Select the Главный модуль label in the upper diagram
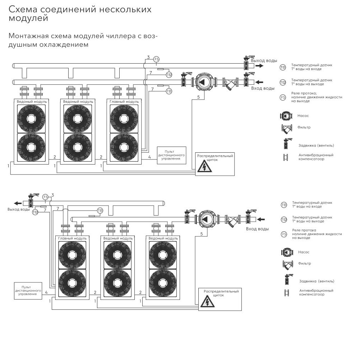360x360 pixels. (124, 102)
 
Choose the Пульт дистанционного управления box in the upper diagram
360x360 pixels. (172, 155)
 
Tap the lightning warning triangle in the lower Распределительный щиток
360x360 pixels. (207, 302)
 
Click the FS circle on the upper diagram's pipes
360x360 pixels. (156, 59)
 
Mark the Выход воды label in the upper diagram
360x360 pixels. (264, 60)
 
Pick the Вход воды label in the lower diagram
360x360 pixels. (257, 229)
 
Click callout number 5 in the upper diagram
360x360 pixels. (198, 97)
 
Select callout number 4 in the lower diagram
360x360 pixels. (46, 292)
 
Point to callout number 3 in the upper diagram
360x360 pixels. (148, 57)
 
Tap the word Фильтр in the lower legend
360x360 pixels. (304, 263)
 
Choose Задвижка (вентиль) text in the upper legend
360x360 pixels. (316, 146)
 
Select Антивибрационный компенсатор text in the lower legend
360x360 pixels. (316, 292)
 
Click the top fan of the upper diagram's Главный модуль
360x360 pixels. (124, 119)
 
